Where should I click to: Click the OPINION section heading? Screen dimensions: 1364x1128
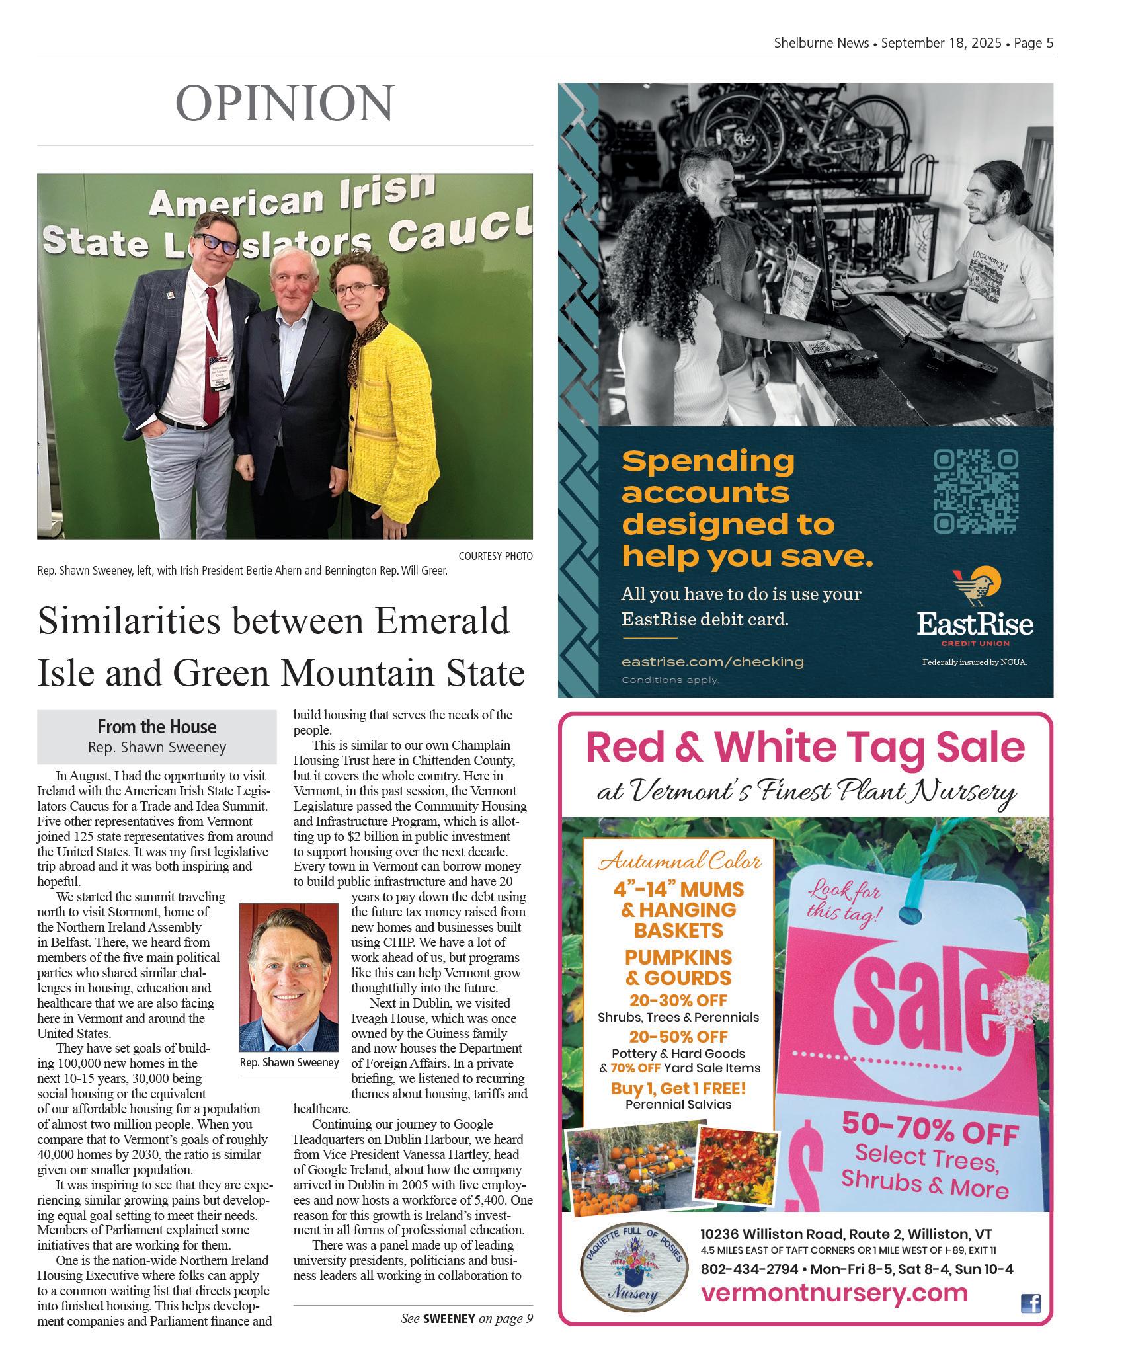pos(284,103)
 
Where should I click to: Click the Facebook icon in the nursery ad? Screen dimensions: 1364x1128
pos(1030,1303)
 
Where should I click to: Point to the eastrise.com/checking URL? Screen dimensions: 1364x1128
pos(713,661)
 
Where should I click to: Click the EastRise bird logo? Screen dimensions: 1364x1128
pos(976,586)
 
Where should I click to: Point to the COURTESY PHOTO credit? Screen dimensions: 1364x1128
pos(495,556)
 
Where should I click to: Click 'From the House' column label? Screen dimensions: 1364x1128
pos(157,727)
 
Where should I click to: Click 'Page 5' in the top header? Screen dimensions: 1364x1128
pos(1033,43)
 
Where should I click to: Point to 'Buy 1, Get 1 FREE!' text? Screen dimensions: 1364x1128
pos(678,1088)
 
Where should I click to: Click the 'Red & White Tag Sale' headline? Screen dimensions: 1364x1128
pos(805,748)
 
